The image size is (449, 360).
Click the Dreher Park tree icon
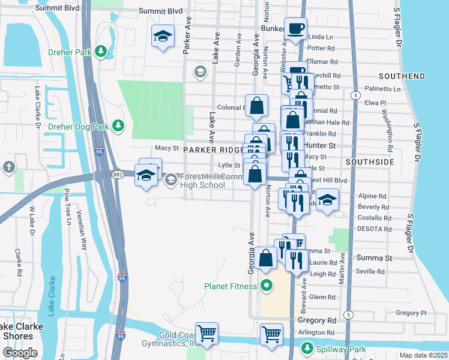point(103,52)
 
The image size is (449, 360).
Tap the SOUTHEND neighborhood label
point(402,76)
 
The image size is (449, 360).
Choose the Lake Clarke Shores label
point(18,331)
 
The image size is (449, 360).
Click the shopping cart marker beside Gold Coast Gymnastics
point(206,332)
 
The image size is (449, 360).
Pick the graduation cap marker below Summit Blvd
point(163,36)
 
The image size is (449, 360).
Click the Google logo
point(20,353)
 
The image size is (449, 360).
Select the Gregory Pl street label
point(411,313)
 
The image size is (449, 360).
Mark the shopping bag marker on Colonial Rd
point(256,106)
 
